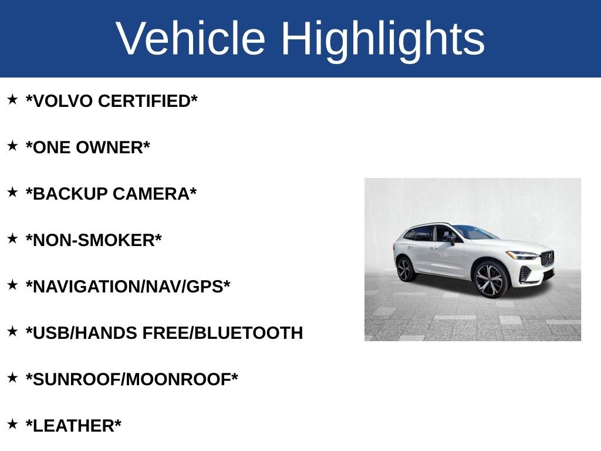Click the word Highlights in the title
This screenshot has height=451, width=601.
coord(383,39)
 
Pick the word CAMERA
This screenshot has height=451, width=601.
coord(154,194)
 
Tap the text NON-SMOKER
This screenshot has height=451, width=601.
coord(94,240)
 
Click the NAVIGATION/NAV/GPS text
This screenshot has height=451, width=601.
coord(128,287)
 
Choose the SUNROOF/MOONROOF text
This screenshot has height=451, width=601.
coord(132,379)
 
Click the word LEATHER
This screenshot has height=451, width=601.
coord(73,426)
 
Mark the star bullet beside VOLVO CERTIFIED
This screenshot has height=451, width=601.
coord(12,99)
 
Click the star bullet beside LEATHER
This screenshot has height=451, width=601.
coord(12,424)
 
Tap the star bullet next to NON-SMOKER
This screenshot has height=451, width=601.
coord(12,238)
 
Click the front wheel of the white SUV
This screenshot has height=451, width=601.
coord(490,280)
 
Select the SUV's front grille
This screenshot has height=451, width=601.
coord(547,258)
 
